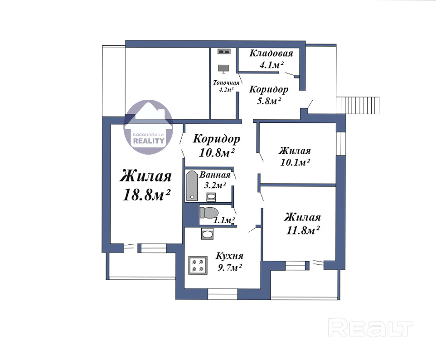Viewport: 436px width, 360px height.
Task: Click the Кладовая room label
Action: point(271,53)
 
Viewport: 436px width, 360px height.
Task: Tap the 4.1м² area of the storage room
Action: point(271,65)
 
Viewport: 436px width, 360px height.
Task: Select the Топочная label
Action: point(226,83)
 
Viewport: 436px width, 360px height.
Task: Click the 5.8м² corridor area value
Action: point(268,101)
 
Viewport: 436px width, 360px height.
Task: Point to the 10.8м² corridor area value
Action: point(217,152)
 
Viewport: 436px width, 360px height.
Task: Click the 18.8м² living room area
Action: point(146,195)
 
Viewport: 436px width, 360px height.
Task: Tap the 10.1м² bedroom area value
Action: point(295,162)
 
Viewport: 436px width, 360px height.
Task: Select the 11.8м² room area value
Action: point(303,230)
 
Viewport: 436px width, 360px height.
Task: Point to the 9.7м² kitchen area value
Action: point(230,268)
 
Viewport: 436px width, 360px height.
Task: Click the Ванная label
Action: point(215,175)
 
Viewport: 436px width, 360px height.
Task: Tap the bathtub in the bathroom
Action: point(192,185)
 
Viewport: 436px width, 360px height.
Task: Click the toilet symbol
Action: point(209,213)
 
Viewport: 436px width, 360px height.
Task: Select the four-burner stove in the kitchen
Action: point(198,265)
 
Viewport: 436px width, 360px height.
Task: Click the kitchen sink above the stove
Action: point(208,234)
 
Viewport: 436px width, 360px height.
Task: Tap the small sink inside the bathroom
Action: point(211,197)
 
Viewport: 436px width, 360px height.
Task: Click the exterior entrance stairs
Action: point(358,105)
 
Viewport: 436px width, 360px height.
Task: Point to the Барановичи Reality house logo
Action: point(149,127)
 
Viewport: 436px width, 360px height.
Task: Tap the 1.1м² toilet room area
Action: point(224,221)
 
